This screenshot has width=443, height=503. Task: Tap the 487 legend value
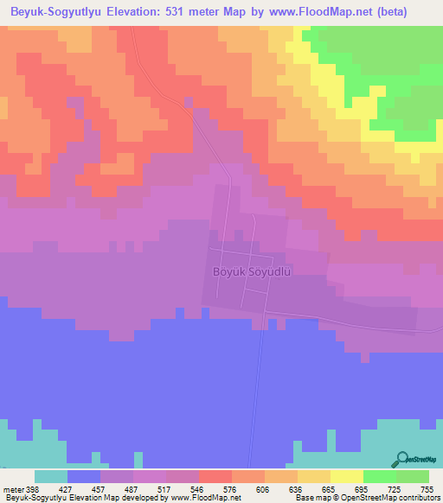(132, 488)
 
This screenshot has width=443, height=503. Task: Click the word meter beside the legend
(12, 488)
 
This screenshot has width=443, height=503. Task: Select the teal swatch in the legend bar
(51, 476)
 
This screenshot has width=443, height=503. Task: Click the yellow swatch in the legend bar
(346, 476)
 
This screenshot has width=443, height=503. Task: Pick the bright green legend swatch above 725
(379, 476)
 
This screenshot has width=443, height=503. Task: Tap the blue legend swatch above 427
(84, 476)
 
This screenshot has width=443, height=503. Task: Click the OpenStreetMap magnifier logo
(403, 460)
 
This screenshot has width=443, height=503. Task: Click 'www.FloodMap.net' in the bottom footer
(205, 498)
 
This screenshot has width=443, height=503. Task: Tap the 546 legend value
(198, 488)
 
